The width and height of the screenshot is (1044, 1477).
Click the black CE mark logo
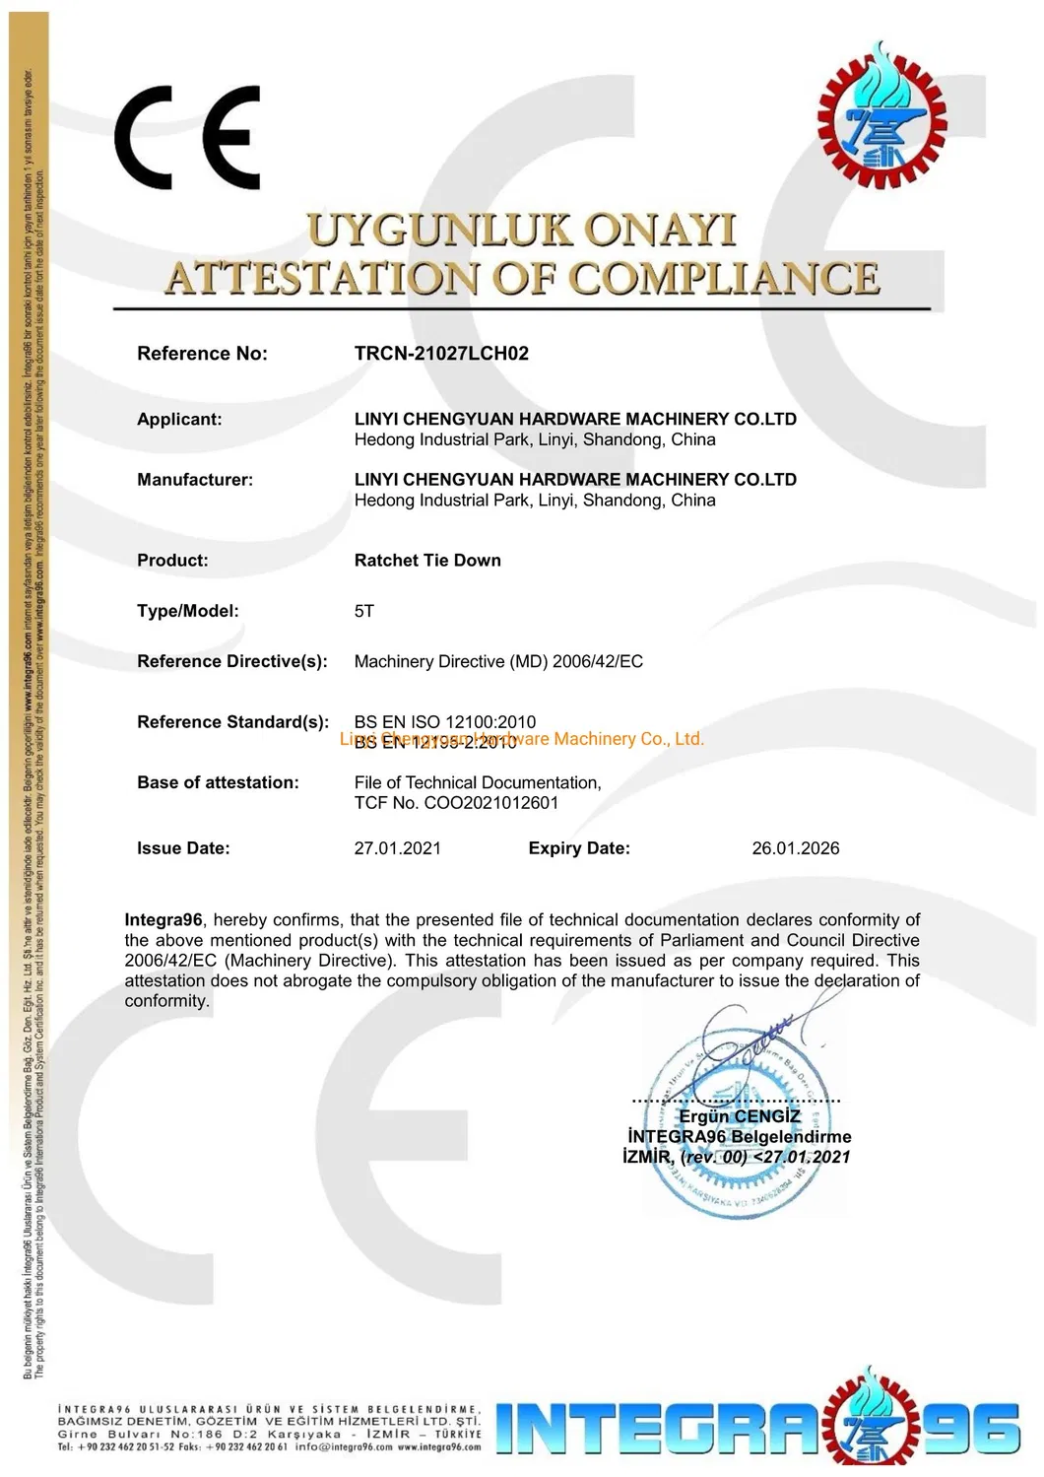(x=187, y=137)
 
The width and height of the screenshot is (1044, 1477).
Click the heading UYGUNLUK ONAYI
(x=521, y=231)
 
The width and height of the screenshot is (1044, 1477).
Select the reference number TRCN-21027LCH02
(x=441, y=354)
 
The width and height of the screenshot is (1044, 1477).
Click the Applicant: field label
(x=179, y=420)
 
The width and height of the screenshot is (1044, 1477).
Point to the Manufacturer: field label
(x=195, y=480)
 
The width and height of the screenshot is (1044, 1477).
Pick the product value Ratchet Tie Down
(x=427, y=561)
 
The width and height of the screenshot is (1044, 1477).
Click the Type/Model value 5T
(x=364, y=612)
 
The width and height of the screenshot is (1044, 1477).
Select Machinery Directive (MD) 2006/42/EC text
(x=498, y=662)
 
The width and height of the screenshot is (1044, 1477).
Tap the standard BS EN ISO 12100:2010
(x=445, y=722)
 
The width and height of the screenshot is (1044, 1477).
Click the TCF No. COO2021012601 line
(x=456, y=803)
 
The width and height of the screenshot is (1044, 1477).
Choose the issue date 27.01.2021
(x=398, y=848)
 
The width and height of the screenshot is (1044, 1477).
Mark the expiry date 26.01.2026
(x=796, y=848)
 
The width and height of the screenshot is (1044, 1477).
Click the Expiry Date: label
(x=579, y=848)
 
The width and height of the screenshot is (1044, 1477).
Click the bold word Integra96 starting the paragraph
(x=163, y=920)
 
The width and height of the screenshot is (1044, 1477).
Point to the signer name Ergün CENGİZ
(x=740, y=1116)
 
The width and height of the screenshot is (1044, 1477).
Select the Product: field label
(x=172, y=561)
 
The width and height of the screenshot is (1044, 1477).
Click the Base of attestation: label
(x=218, y=783)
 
